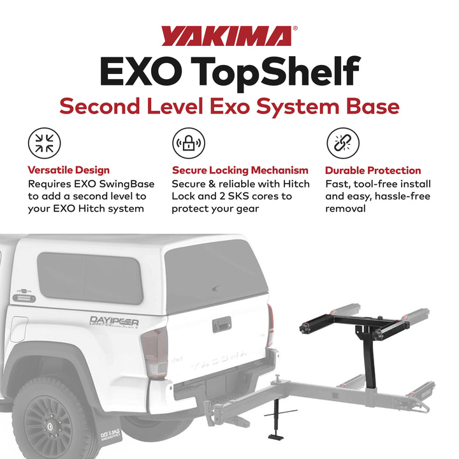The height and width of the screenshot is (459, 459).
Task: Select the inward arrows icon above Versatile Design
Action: click(45, 143)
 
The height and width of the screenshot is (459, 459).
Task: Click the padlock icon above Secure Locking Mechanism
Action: click(189, 143)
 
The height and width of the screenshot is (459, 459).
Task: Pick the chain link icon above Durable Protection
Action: click(342, 143)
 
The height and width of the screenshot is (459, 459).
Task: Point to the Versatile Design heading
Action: click(69, 170)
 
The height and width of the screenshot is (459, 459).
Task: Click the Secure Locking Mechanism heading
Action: click(240, 170)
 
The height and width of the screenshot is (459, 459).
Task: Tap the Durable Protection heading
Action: click(373, 170)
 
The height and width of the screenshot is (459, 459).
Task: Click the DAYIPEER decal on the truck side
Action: click(114, 321)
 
